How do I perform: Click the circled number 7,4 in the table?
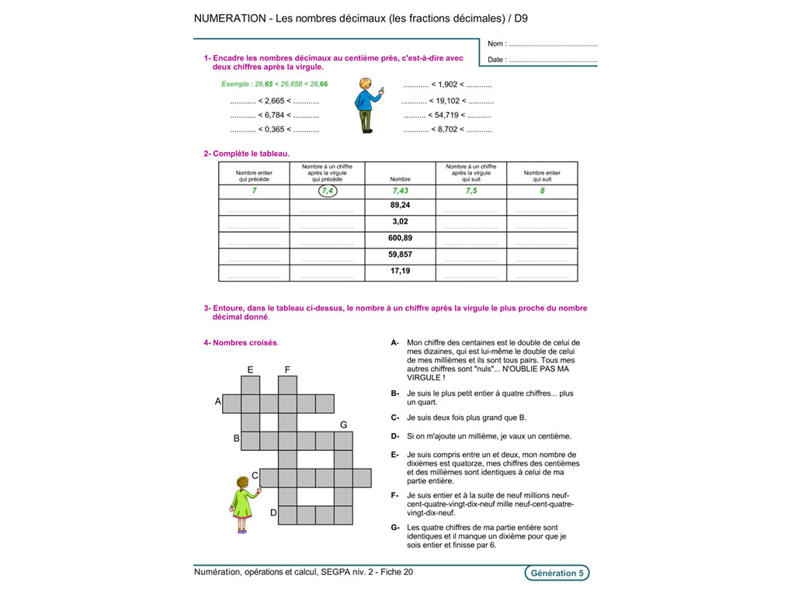point(328,191)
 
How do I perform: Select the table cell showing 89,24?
point(400,206)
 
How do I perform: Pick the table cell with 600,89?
point(400,238)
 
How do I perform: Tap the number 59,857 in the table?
point(400,255)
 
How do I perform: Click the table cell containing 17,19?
point(400,272)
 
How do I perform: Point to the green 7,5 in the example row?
point(471,191)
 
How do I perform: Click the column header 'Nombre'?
point(400,178)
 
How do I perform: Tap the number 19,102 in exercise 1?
point(449,101)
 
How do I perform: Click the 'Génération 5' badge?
point(556,573)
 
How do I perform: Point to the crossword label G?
point(343,424)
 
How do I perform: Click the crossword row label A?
point(218,402)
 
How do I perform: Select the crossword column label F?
point(287,369)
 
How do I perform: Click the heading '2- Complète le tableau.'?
point(246,154)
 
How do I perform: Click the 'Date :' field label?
point(497,60)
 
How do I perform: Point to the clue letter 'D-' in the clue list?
point(395,436)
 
